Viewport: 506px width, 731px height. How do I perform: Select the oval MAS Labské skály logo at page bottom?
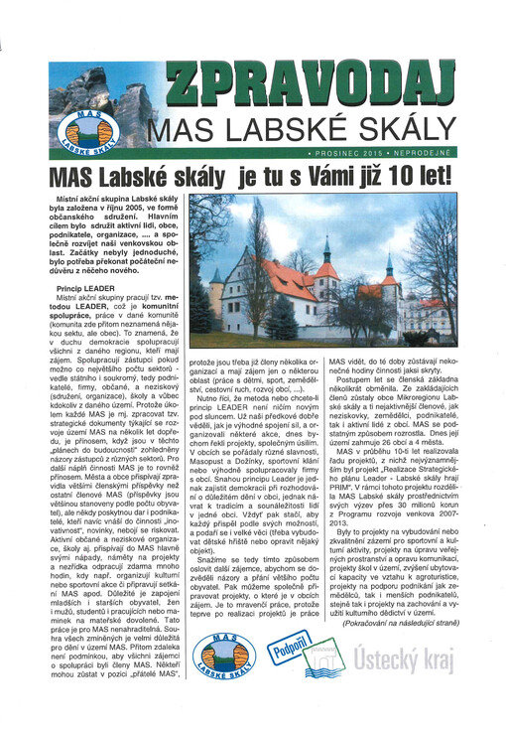tap(227, 674)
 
